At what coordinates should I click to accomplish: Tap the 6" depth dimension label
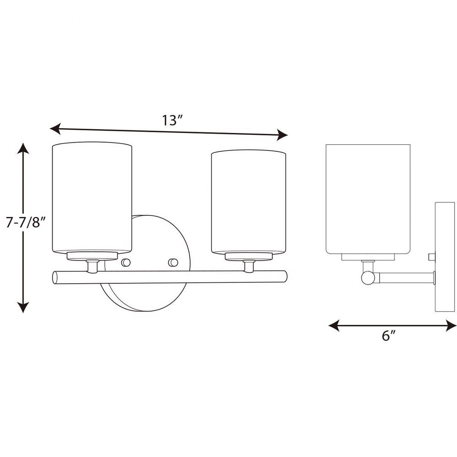[x=389, y=335]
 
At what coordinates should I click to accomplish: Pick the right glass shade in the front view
[x=248, y=202]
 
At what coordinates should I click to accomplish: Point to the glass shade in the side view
[x=368, y=199]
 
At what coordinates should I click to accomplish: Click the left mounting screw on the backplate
[x=126, y=262]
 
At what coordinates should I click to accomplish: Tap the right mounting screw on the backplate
[x=173, y=262]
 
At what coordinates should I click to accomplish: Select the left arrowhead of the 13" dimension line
[x=55, y=128]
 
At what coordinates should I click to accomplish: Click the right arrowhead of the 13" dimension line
[x=282, y=135]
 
